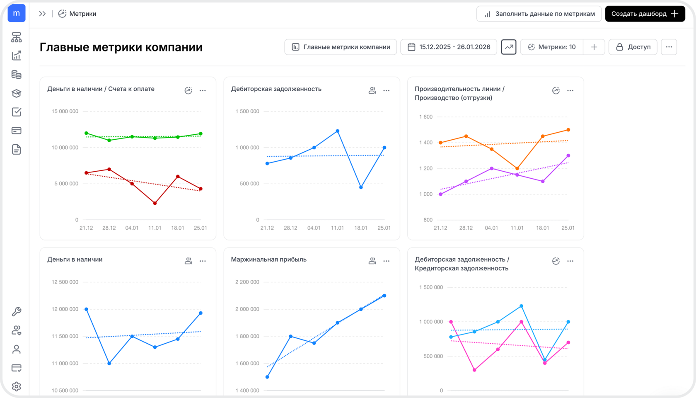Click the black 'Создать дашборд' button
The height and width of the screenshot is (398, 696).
645,14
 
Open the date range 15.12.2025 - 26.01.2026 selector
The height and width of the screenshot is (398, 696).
449,47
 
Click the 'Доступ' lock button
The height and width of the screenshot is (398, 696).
633,47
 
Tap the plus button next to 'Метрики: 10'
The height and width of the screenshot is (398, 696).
594,47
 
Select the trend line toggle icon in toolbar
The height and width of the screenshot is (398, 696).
509,47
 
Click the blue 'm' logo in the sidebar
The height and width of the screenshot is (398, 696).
17,13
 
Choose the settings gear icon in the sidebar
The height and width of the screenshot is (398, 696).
17,386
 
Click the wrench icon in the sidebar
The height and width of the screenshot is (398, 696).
17,312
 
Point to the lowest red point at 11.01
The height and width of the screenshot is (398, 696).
155,203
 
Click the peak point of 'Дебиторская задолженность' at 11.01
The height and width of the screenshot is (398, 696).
337,131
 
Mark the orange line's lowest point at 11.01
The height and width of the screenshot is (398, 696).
517,168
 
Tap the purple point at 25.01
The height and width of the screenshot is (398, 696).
568,155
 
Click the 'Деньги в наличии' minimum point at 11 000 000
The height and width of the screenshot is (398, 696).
109,363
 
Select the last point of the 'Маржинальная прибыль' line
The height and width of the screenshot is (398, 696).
384,296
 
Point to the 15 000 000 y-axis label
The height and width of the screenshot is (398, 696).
65,111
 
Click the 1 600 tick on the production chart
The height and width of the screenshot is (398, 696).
426,117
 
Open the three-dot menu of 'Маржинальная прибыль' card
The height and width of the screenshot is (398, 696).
386,261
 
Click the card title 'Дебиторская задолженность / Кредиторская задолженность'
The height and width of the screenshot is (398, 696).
462,264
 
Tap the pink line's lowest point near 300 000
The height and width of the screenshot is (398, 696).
474,370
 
